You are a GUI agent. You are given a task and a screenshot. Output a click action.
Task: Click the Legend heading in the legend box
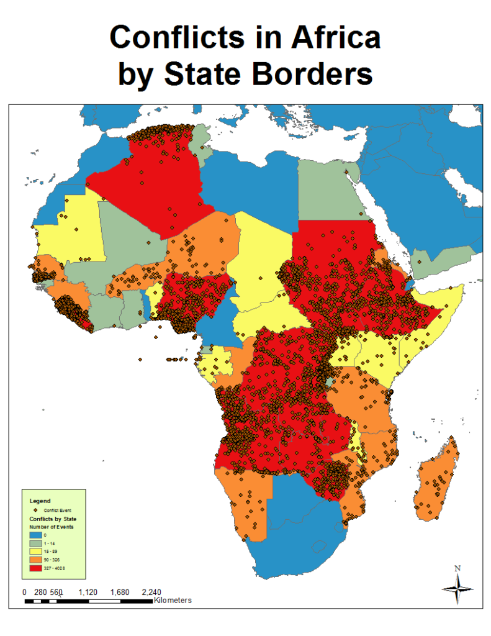40,500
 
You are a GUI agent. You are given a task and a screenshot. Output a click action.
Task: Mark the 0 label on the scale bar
24,592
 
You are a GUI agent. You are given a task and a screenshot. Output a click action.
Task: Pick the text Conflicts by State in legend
53,519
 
